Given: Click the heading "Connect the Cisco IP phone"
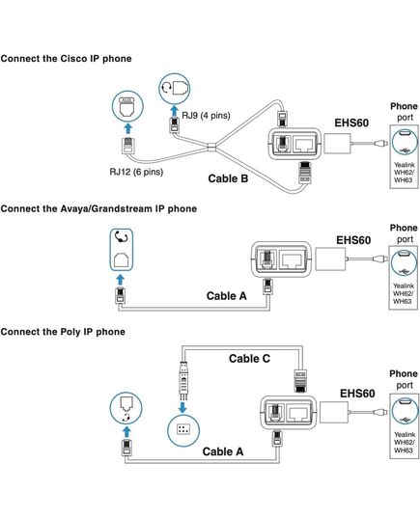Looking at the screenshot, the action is pyautogui.click(x=67, y=59).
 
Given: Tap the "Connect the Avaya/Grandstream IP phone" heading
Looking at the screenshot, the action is pyautogui.click(x=98, y=208).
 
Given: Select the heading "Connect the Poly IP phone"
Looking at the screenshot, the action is pyautogui.click(x=63, y=332).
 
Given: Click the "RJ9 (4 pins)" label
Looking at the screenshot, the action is pyautogui.click(x=206, y=116).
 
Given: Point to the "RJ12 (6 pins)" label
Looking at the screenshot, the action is pyautogui.click(x=136, y=172).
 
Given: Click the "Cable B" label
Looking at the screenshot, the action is pyautogui.click(x=228, y=178).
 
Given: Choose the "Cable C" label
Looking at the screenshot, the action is pyautogui.click(x=249, y=359).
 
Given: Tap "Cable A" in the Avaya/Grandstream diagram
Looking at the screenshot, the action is pyautogui.click(x=227, y=296).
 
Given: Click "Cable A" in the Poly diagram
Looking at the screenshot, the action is pyautogui.click(x=223, y=451).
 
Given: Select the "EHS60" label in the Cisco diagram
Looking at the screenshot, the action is pyautogui.click(x=351, y=123).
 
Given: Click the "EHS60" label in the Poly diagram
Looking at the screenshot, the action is pyautogui.click(x=357, y=394).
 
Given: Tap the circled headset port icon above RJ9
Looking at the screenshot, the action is pyautogui.click(x=175, y=89).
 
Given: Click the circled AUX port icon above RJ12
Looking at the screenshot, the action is pyautogui.click(x=127, y=106).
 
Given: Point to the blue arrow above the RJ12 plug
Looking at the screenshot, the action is pyautogui.click(x=127, y=129).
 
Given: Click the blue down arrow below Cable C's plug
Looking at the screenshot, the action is pyautogui.click(x=182, y=407).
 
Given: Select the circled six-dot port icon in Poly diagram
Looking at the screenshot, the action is pyautogui.click(x=183, y=429).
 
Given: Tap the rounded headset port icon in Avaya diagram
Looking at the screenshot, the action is pyautogui.click(x=122, y=250).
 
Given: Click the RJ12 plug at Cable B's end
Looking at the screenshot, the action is pyautogui.click(x=127, y=145).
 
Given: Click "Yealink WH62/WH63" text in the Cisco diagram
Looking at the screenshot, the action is pyautogui.click(x=404, y=172).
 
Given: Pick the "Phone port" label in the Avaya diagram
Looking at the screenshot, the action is pyautogui.click(x=404, y=233).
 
